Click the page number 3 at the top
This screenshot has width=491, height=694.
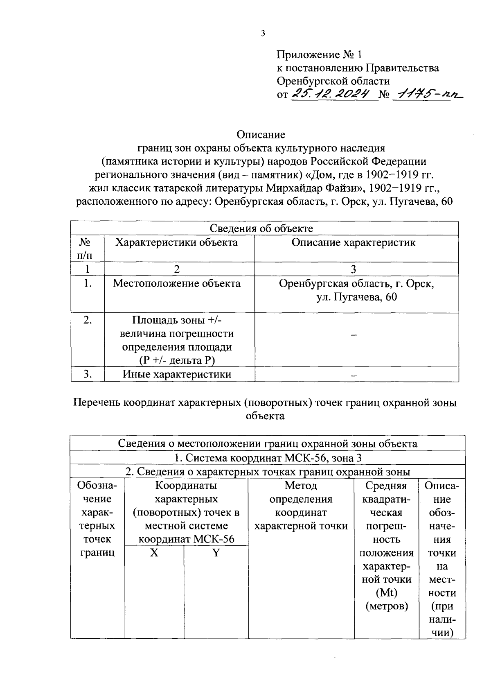pyautogui.click(x=263, y=34)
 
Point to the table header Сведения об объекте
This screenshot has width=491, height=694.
pyautogui.click(x=261, y=228)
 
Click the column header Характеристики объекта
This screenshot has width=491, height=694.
pyautogui.click(x=176, y=242)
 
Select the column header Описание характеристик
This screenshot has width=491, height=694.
pyautogui.click(x=354, y=242)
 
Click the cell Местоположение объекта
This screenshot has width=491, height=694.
pyautogui.click(x=177, y=283)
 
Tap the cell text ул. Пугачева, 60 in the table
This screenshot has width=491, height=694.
pyautogui.click(x=356, y=297)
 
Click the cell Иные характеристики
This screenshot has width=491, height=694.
pyautogui.click(x=177, y=374)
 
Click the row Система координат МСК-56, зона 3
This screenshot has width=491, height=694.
pyautogui.click(x=268, y=458)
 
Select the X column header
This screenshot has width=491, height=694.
pyautogui.click(x=154, y=553)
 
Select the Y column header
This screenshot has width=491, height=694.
pyautogui.click(x=216, y=553)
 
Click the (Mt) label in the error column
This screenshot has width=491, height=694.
pyautogui.click(x=387, y=592)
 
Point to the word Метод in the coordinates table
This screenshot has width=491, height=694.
pyautogui.click(x=301, y=486)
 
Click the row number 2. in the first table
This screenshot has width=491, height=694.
pyautogui.click(x=87, y=320)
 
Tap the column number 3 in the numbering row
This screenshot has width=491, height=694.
pyautogui.click(x=354, y=269)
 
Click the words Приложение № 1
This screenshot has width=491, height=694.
pyautogui.click(x=319, y=54)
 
